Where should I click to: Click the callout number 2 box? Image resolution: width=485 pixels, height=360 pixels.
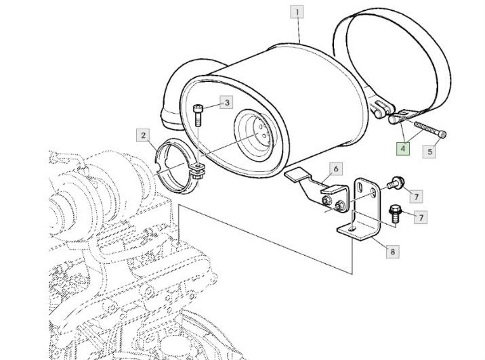(x=143, y=135)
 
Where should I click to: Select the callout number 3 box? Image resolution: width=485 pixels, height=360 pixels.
(x=227, y=103)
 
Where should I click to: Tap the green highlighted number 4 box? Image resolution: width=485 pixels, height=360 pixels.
(x=403, y=148)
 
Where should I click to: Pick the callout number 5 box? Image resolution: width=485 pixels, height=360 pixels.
(x=429, y=152)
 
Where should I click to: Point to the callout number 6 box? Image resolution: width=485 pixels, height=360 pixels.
(x=335, y=168)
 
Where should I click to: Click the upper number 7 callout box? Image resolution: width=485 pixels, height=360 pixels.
(x=417, y=196)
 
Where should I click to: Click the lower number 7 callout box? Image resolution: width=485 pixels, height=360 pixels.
(x=421, y=217)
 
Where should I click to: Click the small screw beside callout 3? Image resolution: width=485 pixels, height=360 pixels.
(x=198, y=114)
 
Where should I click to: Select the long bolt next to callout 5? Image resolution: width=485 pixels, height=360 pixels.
(x=427, y=130)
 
